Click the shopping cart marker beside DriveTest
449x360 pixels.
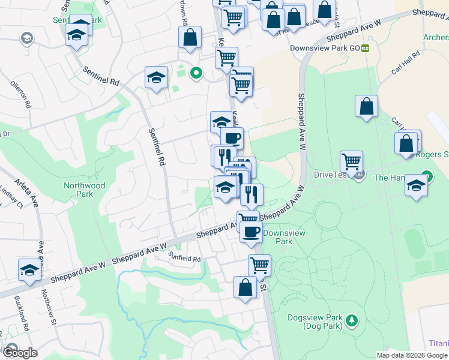coord(351,161)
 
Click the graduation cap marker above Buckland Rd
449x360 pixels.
coord(29,270)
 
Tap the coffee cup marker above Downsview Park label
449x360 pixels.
coord(251,231)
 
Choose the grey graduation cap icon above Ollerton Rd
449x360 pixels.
coord(26,40)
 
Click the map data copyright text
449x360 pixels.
coord(411,355)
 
